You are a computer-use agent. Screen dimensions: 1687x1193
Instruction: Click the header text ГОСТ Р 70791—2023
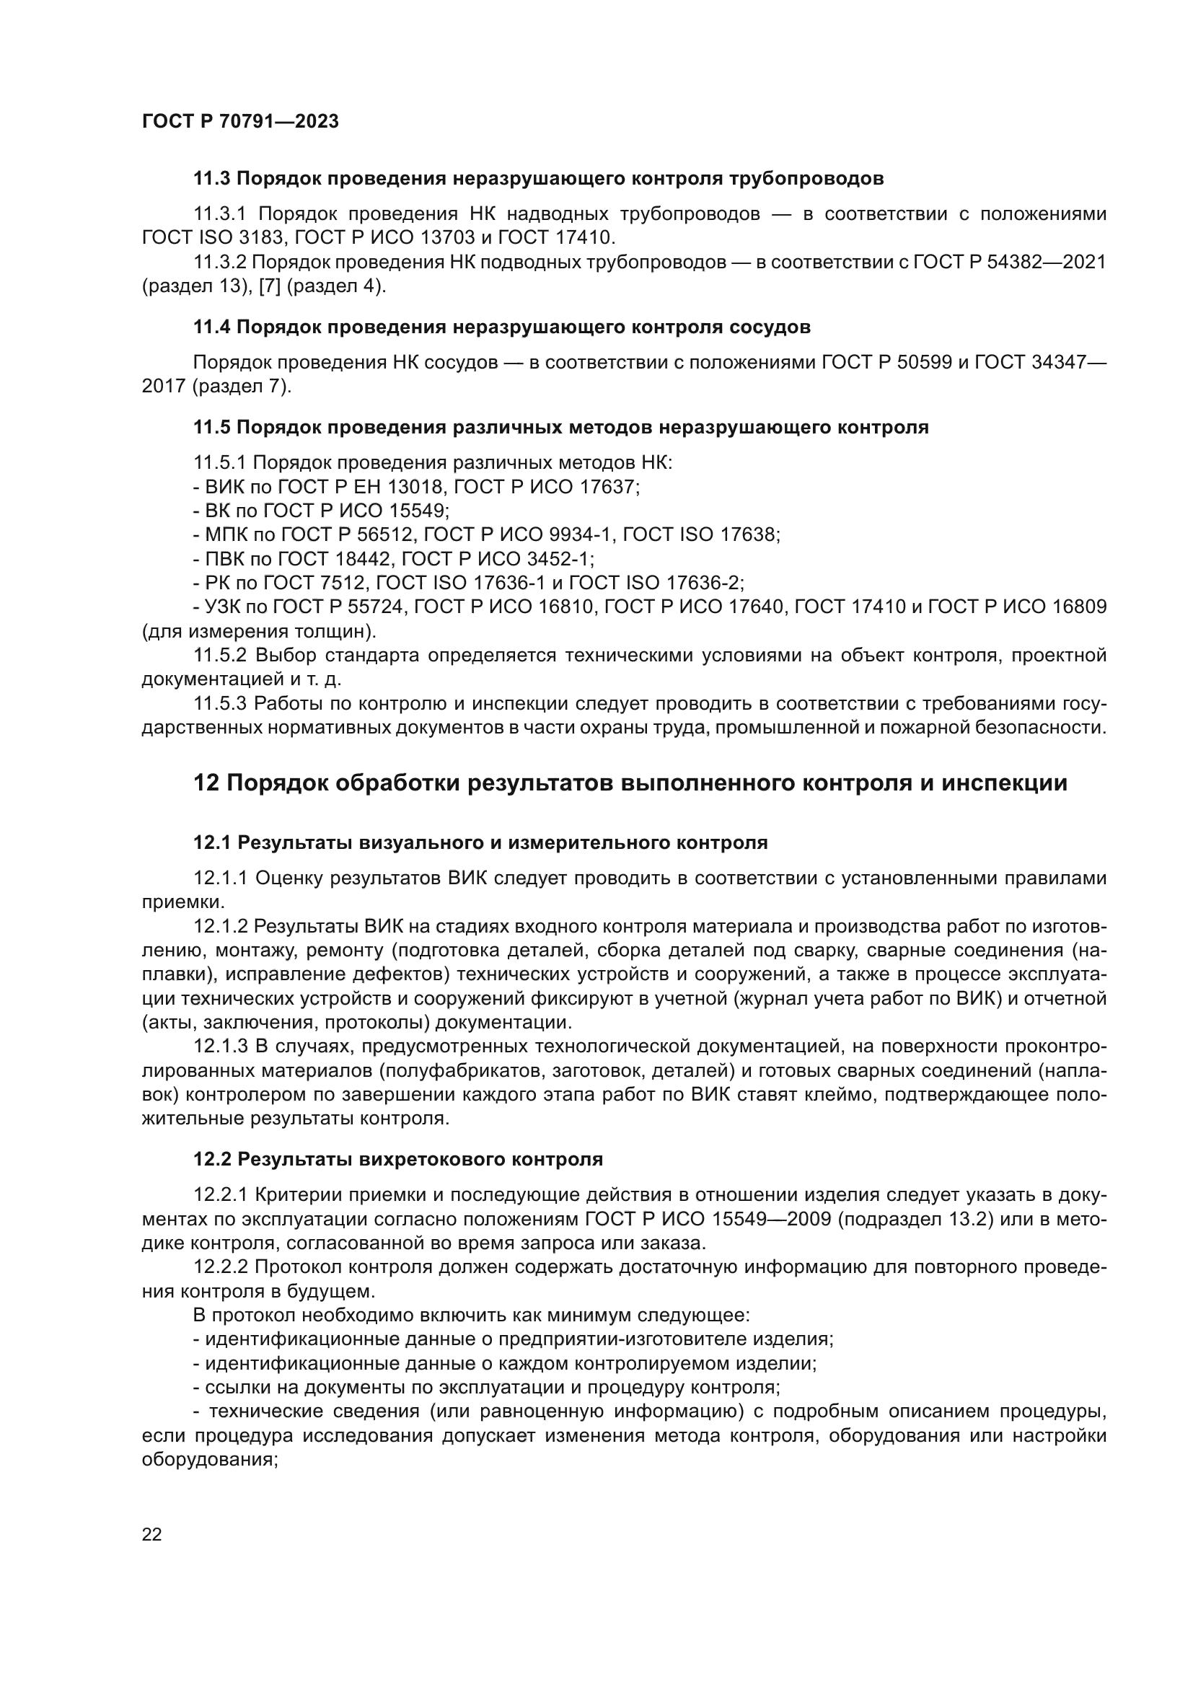click(x=240, y=122)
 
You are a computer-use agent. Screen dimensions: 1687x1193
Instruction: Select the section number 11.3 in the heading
click(x=211, y=179)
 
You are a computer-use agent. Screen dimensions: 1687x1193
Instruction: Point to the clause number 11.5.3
click(x=221, y=703)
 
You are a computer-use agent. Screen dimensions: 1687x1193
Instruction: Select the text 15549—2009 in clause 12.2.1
click(x=771, y=1219)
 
